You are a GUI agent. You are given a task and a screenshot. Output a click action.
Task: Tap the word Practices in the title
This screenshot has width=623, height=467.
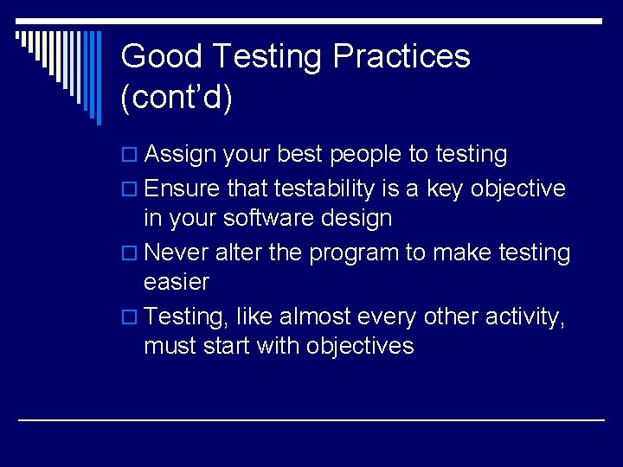[x=401, y=57]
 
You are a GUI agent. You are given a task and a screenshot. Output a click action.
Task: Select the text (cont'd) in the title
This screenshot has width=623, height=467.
[x=177, y=99]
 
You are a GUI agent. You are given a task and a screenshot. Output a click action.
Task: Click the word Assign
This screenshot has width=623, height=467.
[x=180, y=156]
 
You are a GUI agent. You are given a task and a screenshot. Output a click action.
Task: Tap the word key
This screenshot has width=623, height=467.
[x=446, y=189]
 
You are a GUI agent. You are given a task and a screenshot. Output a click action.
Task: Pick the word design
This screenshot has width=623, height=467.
[x=356, y=219]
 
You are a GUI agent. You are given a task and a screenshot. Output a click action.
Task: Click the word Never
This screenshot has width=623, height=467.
[x=177, y=253]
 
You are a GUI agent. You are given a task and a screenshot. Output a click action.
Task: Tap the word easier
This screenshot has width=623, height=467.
[x=177, y=282]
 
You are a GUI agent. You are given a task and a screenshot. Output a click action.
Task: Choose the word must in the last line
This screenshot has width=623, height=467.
[x=170, y=347]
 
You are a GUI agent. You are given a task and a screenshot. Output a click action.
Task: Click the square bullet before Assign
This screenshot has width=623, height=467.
[x=129, y=156]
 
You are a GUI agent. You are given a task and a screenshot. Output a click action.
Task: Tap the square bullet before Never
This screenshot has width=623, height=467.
[x=129, y=253]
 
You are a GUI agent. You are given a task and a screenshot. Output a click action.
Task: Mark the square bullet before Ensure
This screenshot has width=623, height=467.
[x=129, y=189]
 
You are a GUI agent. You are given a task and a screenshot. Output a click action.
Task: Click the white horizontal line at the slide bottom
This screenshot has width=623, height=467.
[x=311, y=419]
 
